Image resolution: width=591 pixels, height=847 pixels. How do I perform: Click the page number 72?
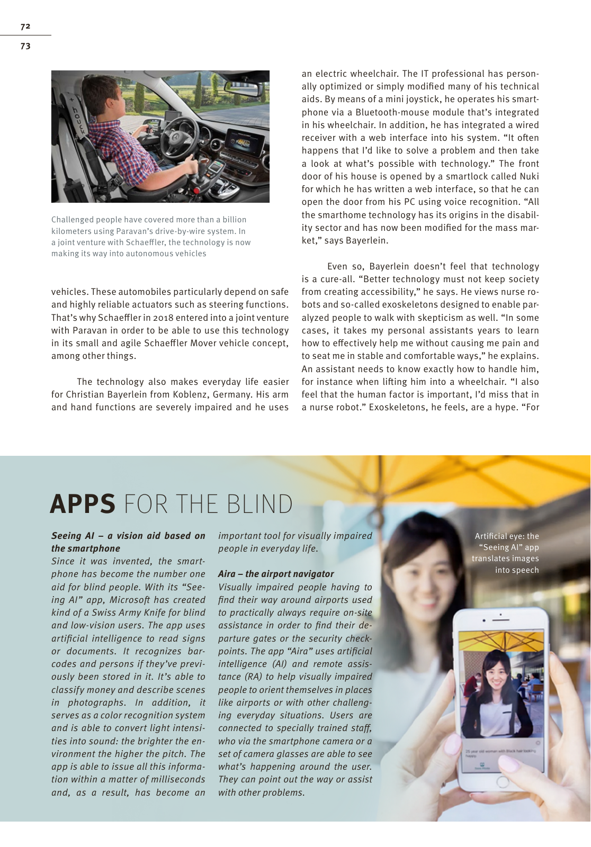coord(25,26)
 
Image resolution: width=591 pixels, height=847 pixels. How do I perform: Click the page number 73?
coord(25,46)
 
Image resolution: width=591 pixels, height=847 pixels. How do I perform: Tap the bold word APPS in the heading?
coord(83,504)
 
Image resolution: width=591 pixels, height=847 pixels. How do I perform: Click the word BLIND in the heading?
coord(259,504)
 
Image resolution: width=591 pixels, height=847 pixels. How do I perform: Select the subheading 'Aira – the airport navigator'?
coord(276,574)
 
